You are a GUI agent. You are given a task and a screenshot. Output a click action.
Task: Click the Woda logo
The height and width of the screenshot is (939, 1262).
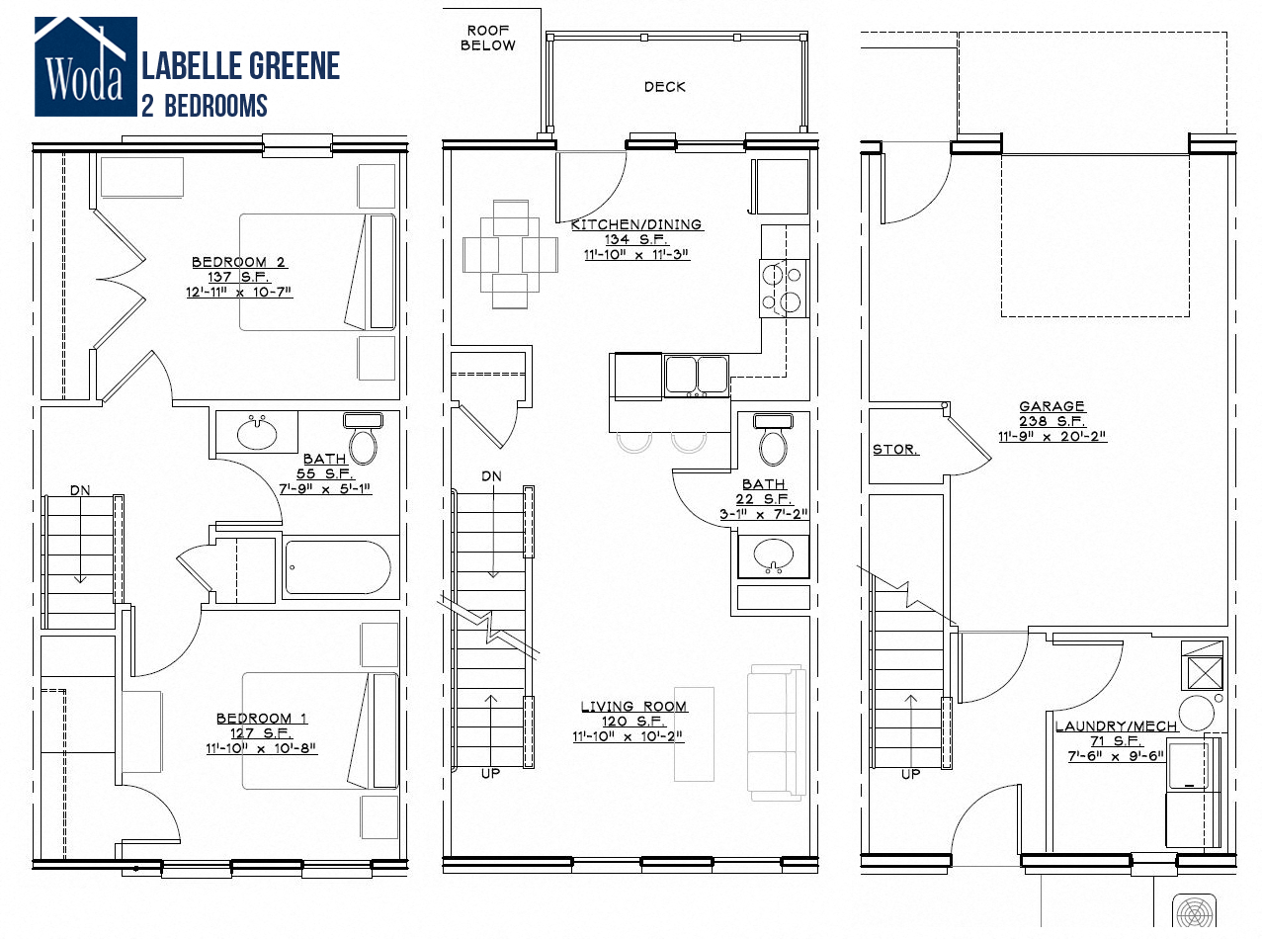coord(84,65)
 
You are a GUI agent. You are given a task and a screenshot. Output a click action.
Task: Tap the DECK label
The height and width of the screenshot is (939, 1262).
coord(664,87)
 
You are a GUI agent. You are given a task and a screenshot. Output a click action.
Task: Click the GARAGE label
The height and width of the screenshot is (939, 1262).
coord(1052,406)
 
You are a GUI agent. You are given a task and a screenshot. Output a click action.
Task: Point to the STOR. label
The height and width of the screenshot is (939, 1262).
coord(894,450)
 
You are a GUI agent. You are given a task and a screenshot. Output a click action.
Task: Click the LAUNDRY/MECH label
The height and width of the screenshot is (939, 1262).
coord(1116,726)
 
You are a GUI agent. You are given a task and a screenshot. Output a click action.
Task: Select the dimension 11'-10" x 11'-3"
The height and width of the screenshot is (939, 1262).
coord(636,254)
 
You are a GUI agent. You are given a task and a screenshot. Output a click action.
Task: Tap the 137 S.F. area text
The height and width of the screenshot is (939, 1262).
coord(238,277)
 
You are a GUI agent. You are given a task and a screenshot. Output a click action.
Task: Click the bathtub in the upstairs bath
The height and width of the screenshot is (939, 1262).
coord(338,568)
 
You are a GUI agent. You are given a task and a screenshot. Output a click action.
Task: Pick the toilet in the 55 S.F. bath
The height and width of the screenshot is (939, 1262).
coord(363,440)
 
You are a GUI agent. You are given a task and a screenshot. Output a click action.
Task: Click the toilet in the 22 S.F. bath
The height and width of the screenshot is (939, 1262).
coord(773,440)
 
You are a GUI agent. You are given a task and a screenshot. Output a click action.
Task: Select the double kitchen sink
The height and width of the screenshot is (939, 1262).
coord(696,376)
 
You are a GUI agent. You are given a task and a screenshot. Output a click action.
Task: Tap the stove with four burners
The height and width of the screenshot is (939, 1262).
coord(783,288)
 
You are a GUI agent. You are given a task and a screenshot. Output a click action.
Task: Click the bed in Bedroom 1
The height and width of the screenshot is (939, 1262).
coord(319,730)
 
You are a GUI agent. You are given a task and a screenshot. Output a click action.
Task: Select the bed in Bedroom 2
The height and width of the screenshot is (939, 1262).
coord(316,271)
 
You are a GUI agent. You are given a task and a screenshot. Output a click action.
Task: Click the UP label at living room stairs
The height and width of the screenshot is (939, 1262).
coord(490,773)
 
